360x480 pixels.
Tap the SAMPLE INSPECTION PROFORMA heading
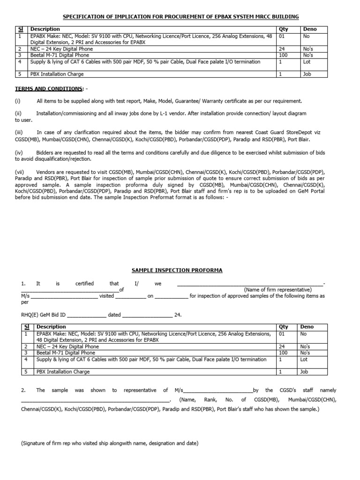[177, 270]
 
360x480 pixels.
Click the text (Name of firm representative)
[277, 290]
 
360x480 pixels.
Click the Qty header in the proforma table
[284, 327]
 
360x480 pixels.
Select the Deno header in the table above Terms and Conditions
[310, 29]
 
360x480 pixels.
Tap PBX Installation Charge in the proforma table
[63, 372]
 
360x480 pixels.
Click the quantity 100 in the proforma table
[284, 352]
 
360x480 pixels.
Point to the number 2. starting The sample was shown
[23, 390]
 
